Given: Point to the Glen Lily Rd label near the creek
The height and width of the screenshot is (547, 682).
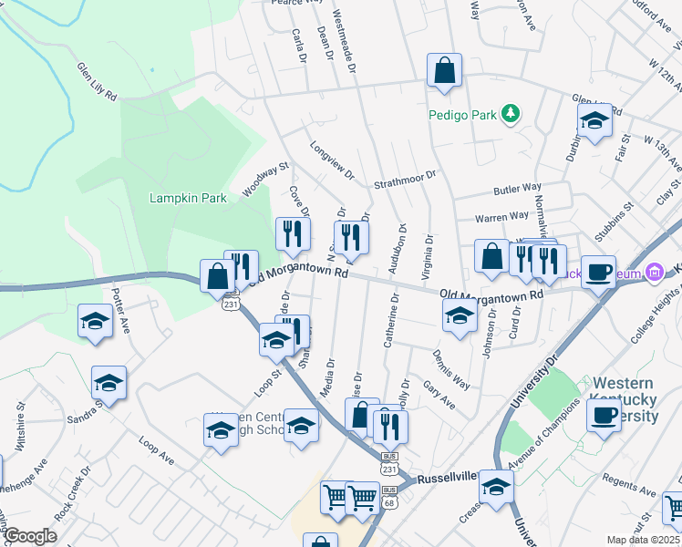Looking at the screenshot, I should [97, 82].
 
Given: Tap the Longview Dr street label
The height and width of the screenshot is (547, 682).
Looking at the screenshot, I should [331, 160].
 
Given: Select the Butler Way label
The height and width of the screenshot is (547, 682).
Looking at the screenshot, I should [511, 189].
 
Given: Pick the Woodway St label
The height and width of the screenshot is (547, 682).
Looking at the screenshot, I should [265, 180].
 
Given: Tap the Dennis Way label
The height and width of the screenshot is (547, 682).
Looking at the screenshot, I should [451, 369].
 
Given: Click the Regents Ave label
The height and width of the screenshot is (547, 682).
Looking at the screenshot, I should [630, 485].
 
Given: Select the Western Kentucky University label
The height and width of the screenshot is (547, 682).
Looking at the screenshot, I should [625, 400].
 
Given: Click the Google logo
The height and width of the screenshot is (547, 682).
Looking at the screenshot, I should [30, 535].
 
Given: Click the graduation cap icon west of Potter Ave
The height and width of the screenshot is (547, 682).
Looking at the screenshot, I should [95, 322].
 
